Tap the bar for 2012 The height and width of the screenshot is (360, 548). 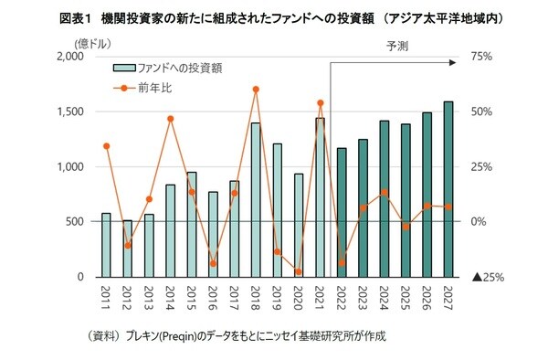(127, 248)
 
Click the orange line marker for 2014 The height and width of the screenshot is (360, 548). (170, 119)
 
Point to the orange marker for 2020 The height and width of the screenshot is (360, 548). (298, 271)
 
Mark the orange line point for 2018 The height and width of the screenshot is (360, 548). (256, 90)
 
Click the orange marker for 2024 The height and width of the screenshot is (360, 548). (385, 193)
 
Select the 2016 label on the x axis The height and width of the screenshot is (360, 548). (213, 298)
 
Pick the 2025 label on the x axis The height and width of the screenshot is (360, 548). (406, 298)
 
